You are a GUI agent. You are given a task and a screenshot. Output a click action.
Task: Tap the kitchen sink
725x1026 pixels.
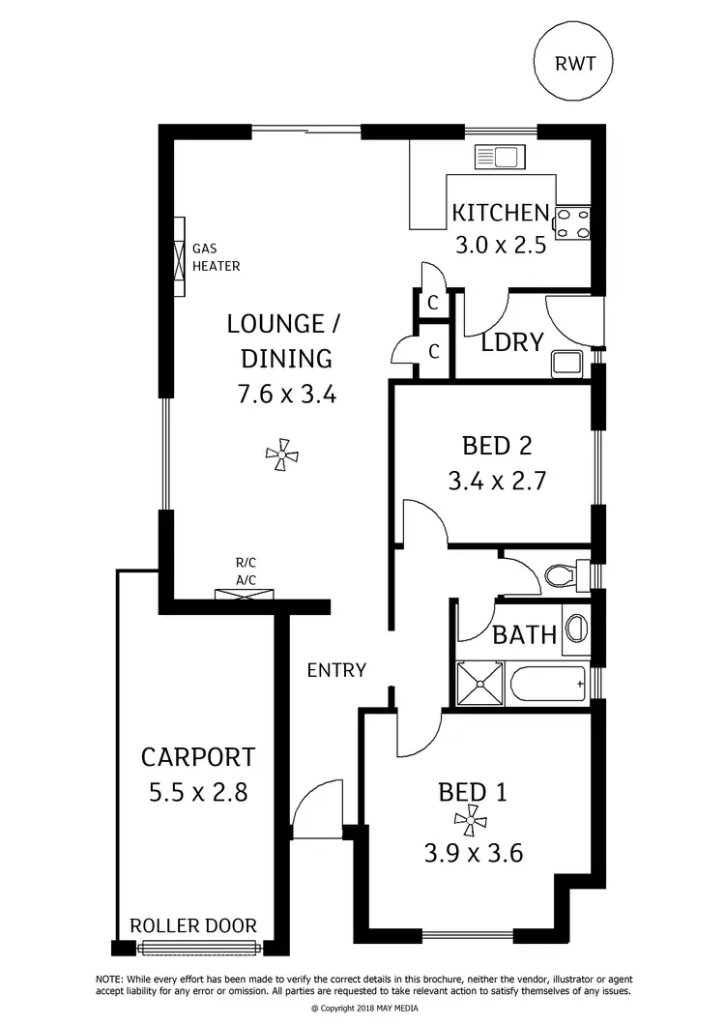click(497, 157)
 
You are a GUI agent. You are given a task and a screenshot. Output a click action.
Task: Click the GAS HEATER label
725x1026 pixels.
click(216, 256)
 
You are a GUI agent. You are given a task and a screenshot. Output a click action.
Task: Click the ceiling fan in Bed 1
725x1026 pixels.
click(471, 822)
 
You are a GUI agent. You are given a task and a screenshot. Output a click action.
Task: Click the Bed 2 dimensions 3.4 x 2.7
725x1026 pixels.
click(497, 481)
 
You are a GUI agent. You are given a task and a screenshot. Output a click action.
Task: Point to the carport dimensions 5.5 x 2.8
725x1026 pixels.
click(198, 793)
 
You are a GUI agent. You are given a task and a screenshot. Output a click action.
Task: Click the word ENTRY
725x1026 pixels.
click(336, 669)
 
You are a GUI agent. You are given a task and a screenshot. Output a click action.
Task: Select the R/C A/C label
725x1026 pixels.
click(246, 571)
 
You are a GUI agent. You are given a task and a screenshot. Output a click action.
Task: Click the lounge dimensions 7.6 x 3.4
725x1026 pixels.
click(285, 394)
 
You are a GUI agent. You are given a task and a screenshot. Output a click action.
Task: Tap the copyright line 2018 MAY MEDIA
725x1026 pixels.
click(362, 1008)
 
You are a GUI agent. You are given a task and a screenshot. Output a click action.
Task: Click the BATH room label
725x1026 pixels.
click(525, 635)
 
